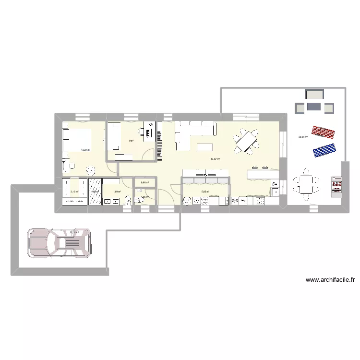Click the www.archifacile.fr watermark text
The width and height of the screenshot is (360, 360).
(x=330, y=280)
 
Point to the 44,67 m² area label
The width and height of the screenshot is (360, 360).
(x=215, y=158)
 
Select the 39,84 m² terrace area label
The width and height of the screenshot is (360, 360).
(x=303, y=137)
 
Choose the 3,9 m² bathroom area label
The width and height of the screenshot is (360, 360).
(x=117, y=192)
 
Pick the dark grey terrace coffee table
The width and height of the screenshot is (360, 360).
(x=314, y=106)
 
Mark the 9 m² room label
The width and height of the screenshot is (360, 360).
(x=130, y=141)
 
